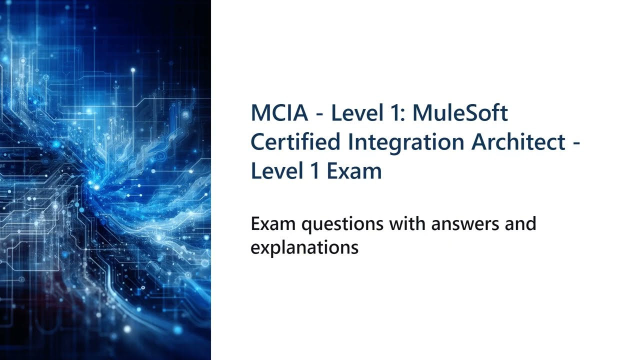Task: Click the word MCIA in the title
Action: pyautogui.click(x=279, y=113)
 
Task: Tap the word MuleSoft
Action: pyautogui.click(x=460, y=113)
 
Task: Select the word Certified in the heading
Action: pyautogui.click(x=295, y=142)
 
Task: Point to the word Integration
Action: pyautogui.click(x=405, y=143)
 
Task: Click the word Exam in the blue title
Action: pyautogui.click(x=354, y=171)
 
